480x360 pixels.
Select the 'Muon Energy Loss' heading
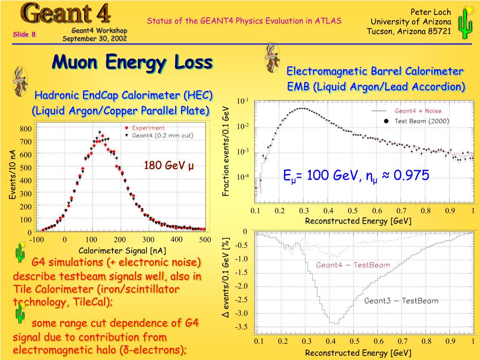132,62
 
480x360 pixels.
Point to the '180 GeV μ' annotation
169,165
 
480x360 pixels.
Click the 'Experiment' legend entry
148,127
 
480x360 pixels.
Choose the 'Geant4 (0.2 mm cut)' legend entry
162,135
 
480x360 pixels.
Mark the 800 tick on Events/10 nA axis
25,129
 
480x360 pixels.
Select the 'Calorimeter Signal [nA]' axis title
122,250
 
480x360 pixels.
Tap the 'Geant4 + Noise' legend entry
417,111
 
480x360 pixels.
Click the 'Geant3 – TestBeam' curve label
401,300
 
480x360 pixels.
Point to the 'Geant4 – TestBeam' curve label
352,265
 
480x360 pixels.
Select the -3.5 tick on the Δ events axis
242,327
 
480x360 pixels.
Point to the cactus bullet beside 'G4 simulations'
20,253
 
